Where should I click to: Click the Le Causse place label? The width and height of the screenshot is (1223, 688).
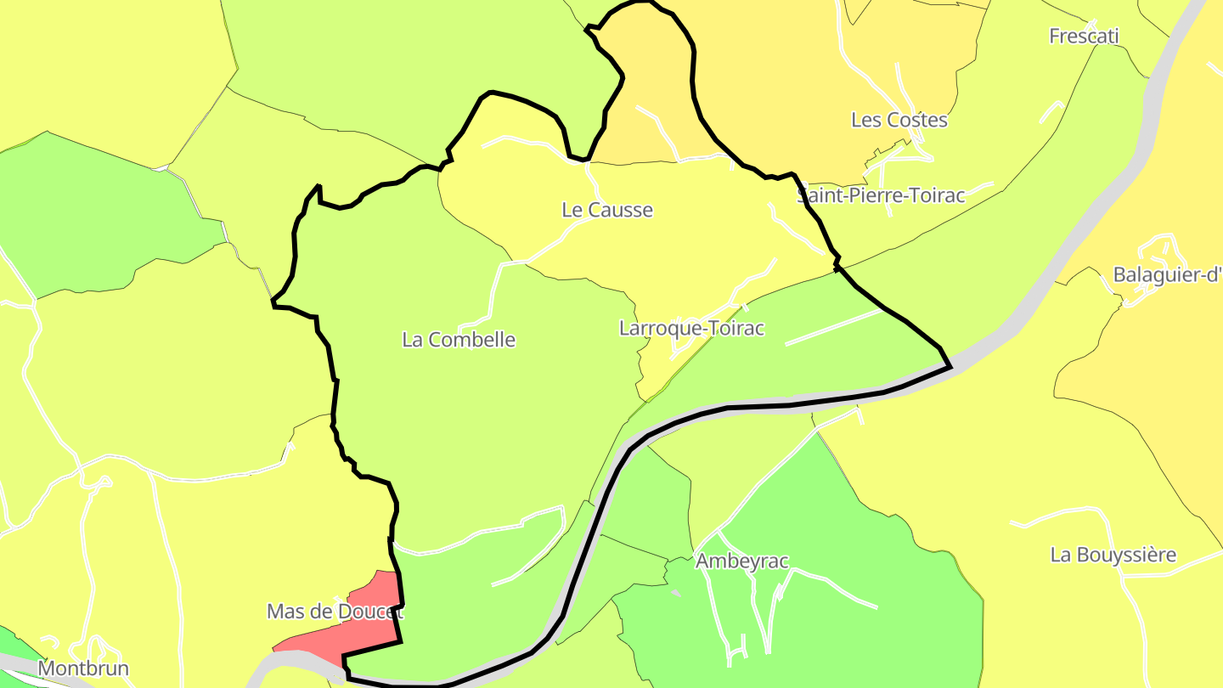click(x=607, y=210)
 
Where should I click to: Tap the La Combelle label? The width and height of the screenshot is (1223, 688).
click(x=459, y=340)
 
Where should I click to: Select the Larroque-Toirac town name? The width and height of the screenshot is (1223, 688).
click(x=692, y=328)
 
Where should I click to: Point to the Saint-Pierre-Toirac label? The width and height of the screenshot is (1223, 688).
click(x=882, y=195)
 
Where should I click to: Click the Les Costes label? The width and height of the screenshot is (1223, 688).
click(x=899, y=120)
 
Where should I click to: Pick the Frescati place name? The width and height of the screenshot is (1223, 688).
click(x=1084, y=36)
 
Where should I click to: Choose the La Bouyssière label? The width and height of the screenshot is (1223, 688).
click(x=1113, y=555)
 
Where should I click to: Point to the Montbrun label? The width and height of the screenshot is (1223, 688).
click(x=84, y=668)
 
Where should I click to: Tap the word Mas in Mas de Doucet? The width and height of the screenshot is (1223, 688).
click(x=285, y=612)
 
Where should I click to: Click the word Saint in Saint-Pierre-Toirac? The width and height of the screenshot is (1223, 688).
click(x=820, y=195)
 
